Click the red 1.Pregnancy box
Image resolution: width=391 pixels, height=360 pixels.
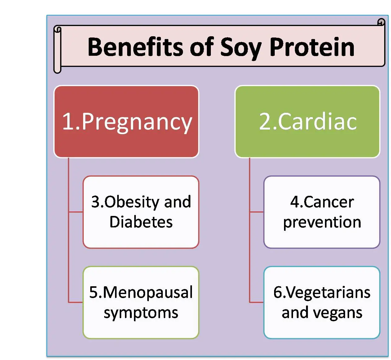[x=126, y=121]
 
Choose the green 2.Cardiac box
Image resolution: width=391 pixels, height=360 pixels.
[x=307, y=121]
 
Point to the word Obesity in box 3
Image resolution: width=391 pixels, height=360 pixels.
[x=132, y=202]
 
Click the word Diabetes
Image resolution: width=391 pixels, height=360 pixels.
[x=141, y=222]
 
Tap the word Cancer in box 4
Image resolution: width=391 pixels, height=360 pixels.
[x=329, y=202]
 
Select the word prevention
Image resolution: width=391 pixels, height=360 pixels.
[x=322, y=222]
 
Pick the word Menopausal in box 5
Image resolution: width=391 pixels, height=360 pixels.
[x=148, y=292]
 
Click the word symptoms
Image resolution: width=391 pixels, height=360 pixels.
[x=141, y=313]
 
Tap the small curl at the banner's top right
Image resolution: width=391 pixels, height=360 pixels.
[x=381, y=22]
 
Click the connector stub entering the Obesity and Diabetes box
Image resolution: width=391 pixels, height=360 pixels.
[x=76, y=212]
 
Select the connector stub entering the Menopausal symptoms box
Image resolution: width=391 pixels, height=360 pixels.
[x=76, y=302]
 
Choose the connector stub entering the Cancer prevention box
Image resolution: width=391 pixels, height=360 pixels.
[x=256, y=212]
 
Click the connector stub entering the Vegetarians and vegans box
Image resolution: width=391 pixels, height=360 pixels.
[x=256, y=302]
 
